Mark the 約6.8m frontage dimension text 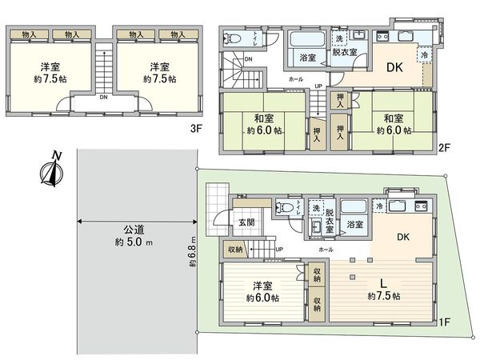click(x=193, y=253)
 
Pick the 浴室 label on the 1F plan click(x=355, y=225)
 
